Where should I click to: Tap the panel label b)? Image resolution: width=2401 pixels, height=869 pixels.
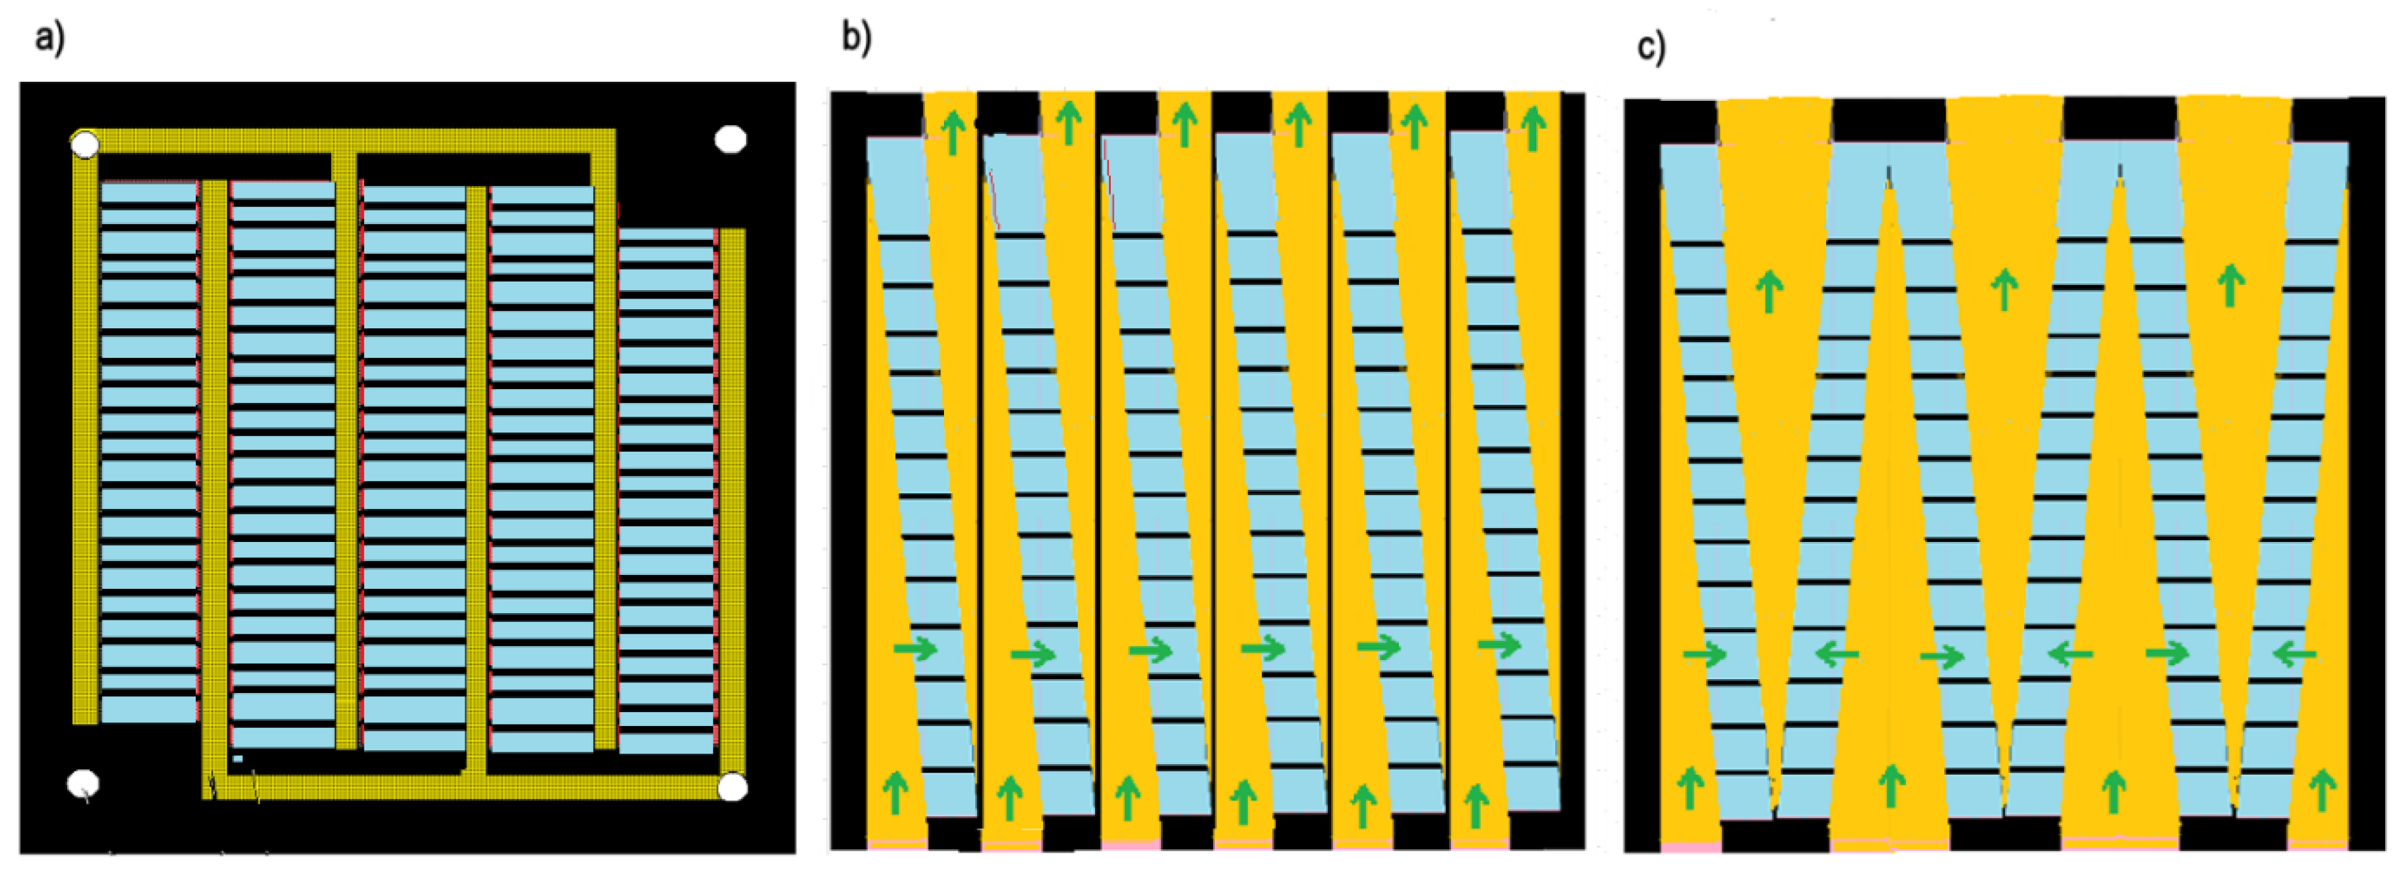pyautogui.click(x=856, y=38)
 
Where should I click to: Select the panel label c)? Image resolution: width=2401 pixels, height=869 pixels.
pyautogui.click(x=1651, y=47)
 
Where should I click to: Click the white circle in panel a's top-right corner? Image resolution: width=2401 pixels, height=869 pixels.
pyautogui.click(x=730, y=140)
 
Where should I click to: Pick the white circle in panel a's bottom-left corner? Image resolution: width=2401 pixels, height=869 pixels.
pyautogui.click(x=83, y=783)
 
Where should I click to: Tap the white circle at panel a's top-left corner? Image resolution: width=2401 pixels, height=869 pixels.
pyautogui.click(x=85, y=144)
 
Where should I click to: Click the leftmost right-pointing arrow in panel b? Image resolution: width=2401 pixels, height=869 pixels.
pyautogui.click(x=915, y=648)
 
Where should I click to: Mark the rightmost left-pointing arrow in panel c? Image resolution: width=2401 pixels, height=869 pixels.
pyautogui.click(x=2294, y=655)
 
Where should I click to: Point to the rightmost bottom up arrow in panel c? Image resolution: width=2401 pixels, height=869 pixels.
pyautogui.click(x=2322, y=790)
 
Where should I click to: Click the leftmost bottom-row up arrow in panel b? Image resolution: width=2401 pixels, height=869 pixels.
pyautogui.click(x=895, y=793)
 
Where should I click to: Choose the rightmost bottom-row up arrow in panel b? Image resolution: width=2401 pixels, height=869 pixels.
pyautogui.click(x=1475, y=804)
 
